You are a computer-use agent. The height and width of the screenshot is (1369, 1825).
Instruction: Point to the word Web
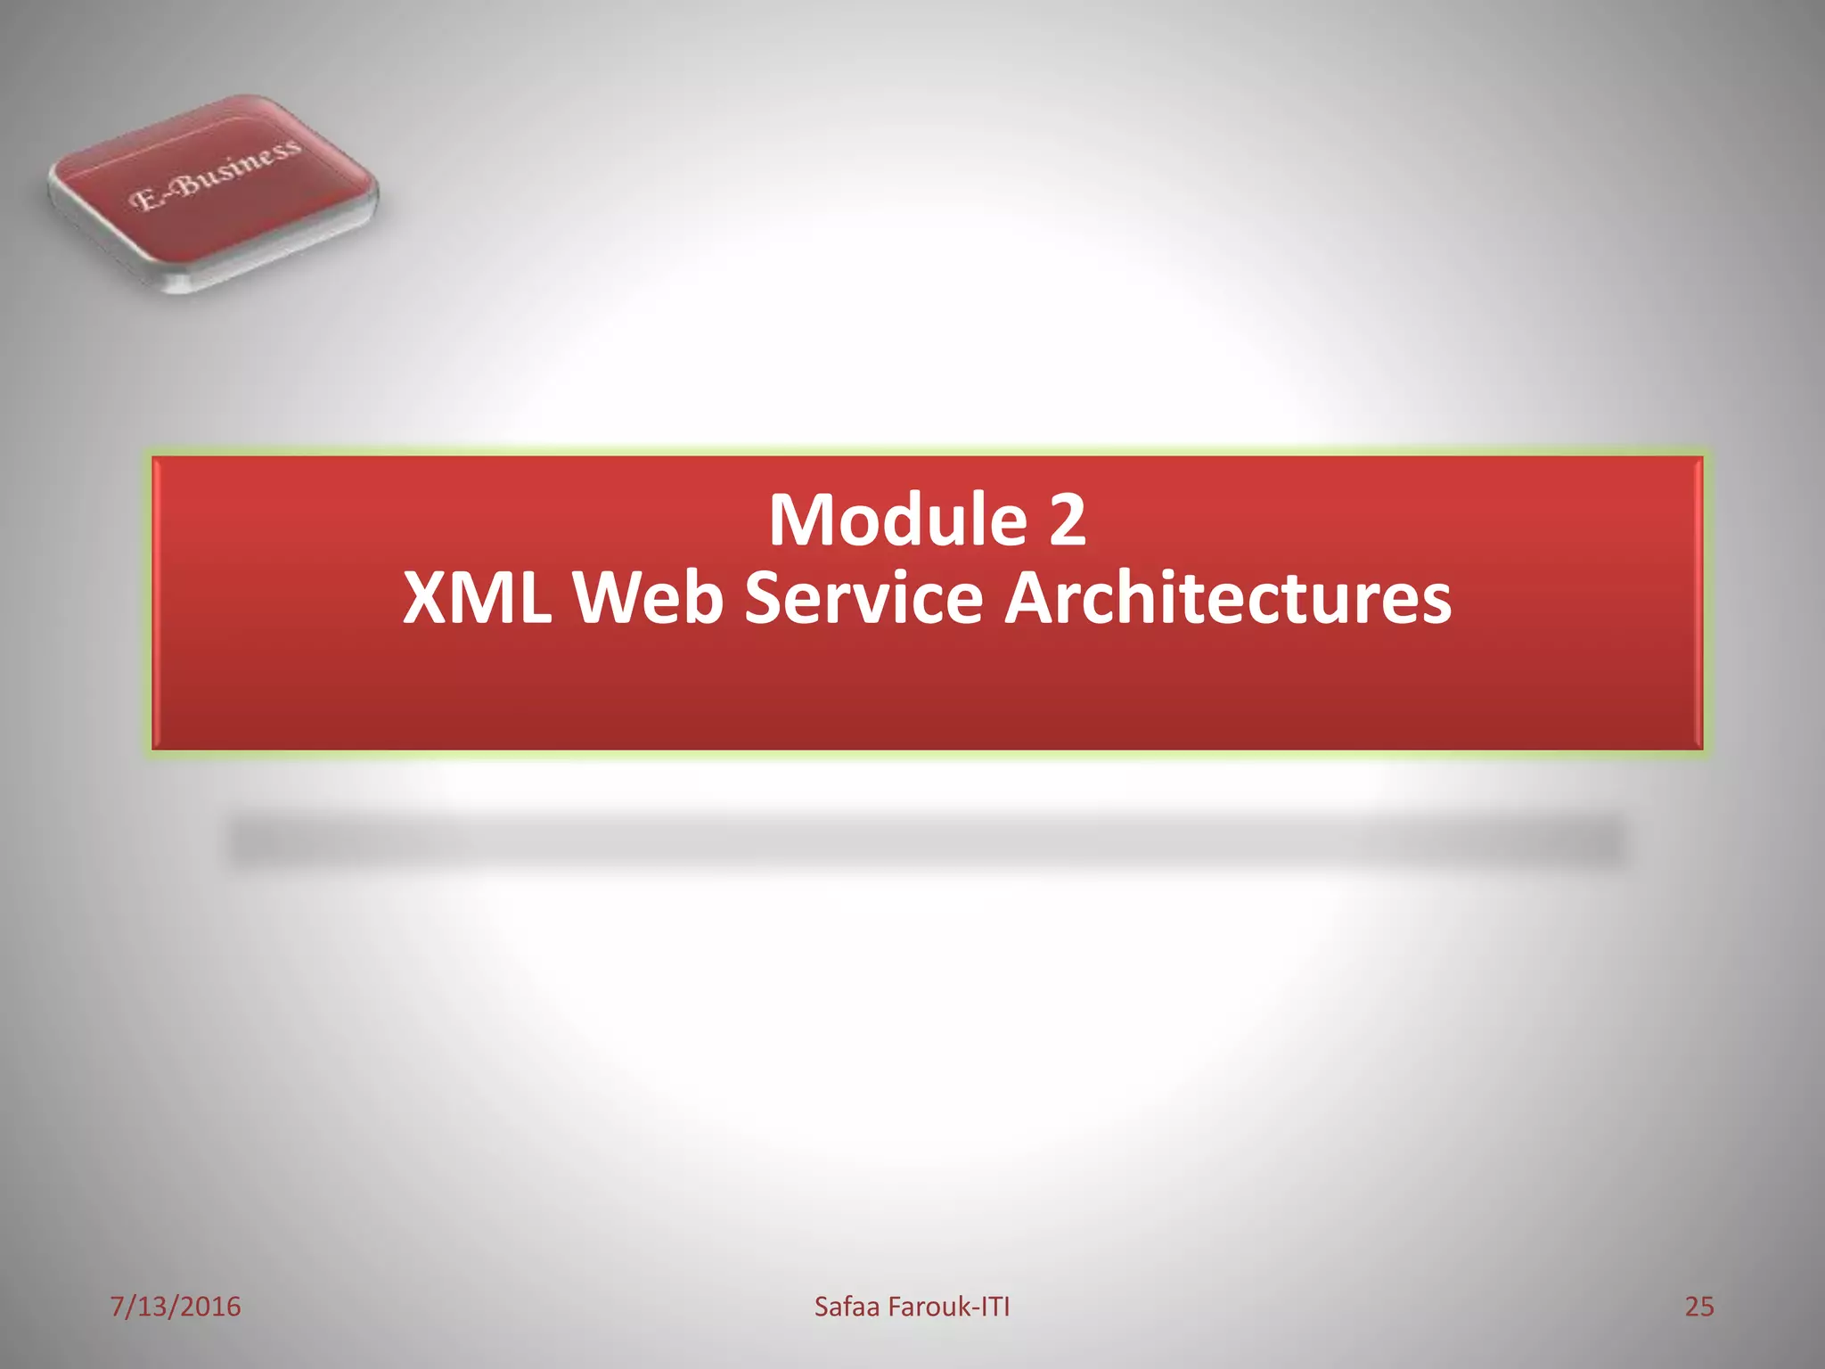click(x=647, y=597)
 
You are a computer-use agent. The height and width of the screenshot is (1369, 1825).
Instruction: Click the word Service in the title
click(x=863, y=597)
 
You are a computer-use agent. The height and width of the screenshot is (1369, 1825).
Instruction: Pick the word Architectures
click(x=1228, y=597)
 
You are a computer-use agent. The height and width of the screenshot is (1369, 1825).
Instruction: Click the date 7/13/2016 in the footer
click(x=176, y=1307)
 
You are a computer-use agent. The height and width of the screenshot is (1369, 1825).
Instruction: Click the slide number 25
click(x=1698, y=1307)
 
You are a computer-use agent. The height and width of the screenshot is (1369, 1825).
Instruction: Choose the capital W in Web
click(x=614, y=597)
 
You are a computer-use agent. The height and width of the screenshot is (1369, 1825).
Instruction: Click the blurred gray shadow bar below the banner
click(x=927, y=841)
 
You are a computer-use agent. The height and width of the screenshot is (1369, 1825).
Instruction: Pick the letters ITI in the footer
click(x=995, y=1307)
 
